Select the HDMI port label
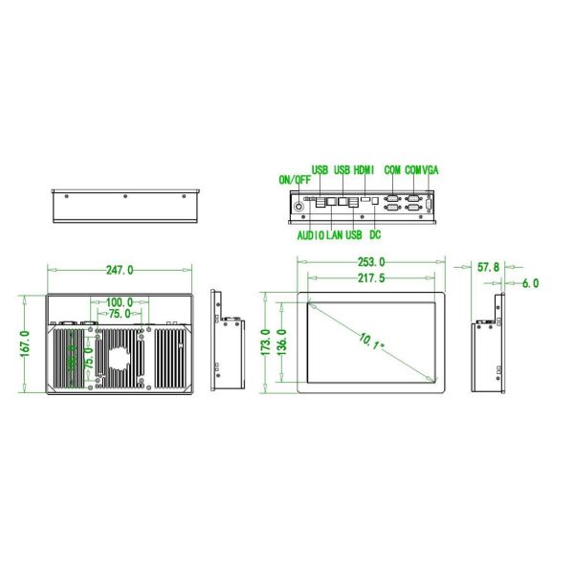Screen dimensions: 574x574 [x=364, y=169]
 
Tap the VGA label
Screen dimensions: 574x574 [x=430, y=169]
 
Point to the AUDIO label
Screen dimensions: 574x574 [x=310, y=235]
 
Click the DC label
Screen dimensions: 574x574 [x=375, y=235]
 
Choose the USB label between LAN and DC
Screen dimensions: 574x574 [x=354, y=235]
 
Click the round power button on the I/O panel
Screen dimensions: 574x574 [x=298, y=205]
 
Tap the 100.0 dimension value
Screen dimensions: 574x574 [x=120, y=302]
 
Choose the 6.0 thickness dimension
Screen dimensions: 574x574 [x=530, y=283]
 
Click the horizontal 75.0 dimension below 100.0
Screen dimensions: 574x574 [x=120, y=314]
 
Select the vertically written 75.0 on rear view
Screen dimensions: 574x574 [x=88, y=368]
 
